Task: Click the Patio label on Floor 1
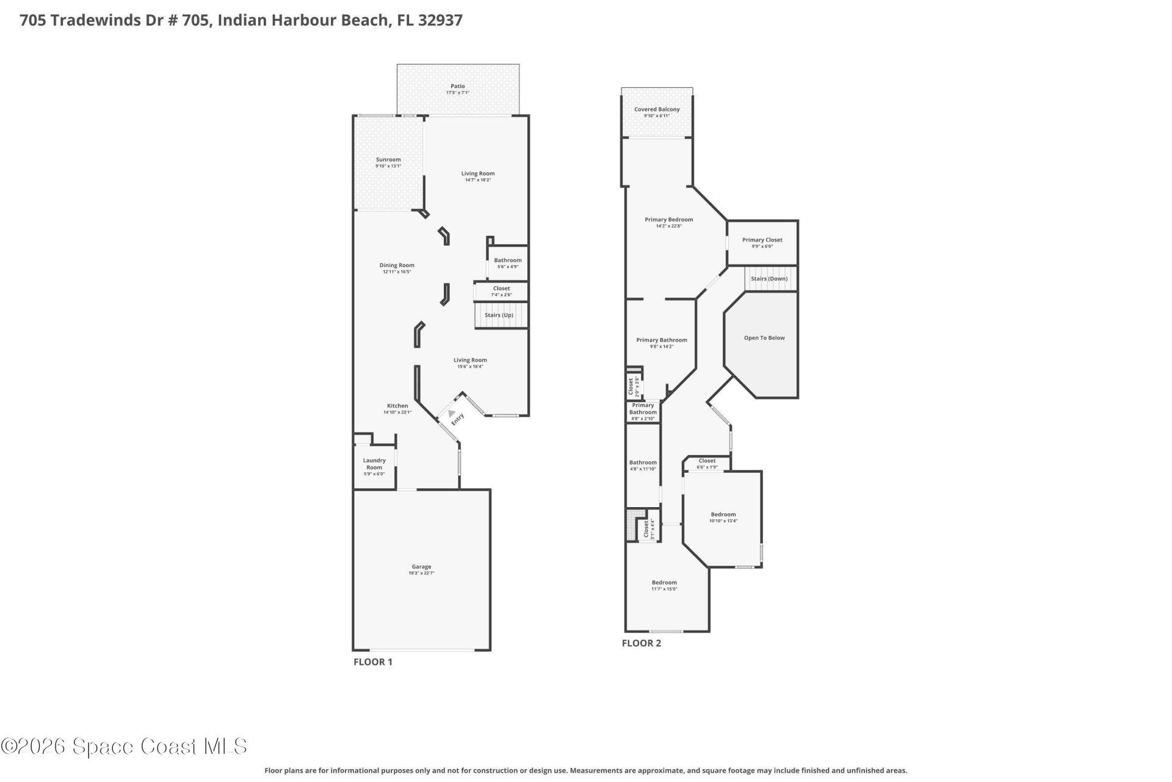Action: (x=457, y=86)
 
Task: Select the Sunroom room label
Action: (x=388, y=159)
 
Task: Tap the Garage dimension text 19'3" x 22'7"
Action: (x=421, y=574)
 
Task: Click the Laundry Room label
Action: (x=374, y=464)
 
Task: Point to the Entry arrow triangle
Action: (x=452, y=414)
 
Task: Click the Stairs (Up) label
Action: (x=499, y=315)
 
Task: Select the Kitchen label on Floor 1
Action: (x=397, y=406)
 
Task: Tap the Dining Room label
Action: (x=397, y=265)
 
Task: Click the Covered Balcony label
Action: (x=657, y=109)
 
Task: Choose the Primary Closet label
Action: (x=762, y=239)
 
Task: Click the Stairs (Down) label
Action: (x=769, y=279)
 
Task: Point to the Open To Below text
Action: (x=764, y=338)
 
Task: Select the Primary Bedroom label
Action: (x=669, y=219)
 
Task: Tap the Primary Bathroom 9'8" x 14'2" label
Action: (x=662, y=340)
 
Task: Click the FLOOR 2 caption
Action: (x=641, y=643)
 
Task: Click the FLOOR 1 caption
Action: (x=373, y=662)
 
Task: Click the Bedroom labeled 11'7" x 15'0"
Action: (x=664, y=582)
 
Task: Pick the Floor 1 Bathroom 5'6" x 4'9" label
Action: (x=508, y=260)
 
